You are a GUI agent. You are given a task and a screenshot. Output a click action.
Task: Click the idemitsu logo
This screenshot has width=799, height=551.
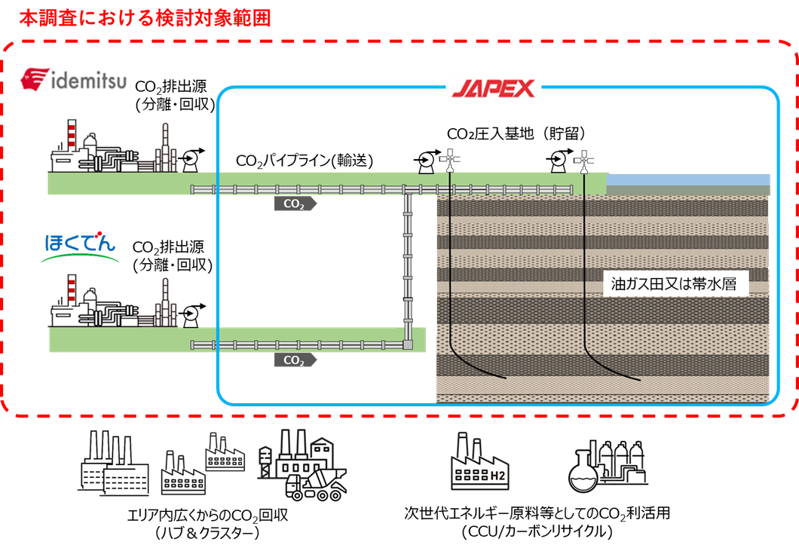coord(75,79)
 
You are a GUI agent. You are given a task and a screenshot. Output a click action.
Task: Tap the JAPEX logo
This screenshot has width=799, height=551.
coord(494,88)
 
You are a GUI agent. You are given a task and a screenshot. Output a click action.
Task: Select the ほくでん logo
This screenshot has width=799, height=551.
coord(80,247)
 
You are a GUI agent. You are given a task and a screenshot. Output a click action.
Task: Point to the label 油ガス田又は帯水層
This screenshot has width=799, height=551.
coord(678,285)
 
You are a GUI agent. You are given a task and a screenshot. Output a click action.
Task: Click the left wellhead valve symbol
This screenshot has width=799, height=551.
coord(451,159)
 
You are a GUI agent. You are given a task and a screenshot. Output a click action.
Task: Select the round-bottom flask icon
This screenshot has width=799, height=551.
coord(581,475)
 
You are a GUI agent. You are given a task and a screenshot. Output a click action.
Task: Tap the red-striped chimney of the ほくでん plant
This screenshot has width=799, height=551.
coord(72,290)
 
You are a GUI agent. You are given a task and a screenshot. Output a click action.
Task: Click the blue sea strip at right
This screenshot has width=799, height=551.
coord(688,179)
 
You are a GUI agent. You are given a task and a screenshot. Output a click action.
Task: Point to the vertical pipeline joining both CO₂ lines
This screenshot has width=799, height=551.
coord(408,264)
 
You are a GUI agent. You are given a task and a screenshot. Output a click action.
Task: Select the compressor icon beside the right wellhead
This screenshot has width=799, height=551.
coord(558,161)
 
